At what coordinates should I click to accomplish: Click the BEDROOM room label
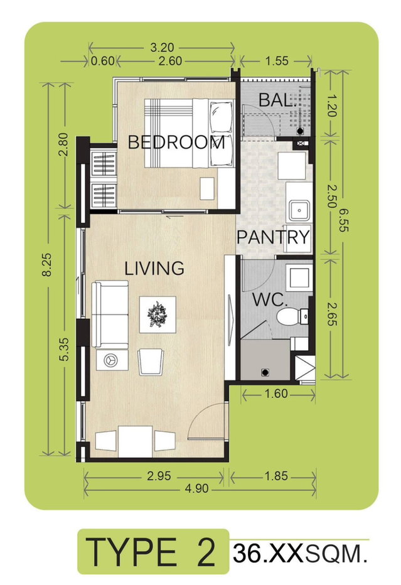coord(176,142)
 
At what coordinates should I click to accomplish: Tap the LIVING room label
coord(154,268)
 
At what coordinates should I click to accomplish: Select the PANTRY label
coord(274,237)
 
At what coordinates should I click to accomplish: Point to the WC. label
coord(270,299)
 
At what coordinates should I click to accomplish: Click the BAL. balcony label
coord(276,100)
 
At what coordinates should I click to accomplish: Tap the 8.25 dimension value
coord(47,264)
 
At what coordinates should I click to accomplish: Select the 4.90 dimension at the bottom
coord(196,488)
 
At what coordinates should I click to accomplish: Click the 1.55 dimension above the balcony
coord(276,60)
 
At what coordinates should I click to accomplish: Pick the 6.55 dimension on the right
coord(343,220)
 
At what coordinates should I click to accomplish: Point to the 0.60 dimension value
coord(102,60)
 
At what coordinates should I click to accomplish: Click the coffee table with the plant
coord(158,314)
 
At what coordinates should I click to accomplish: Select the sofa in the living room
coord(110,314)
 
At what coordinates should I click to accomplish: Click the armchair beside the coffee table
coord(151,362)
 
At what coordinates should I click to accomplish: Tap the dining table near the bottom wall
coord(135,442)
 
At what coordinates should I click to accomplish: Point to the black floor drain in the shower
coord(265,372)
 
